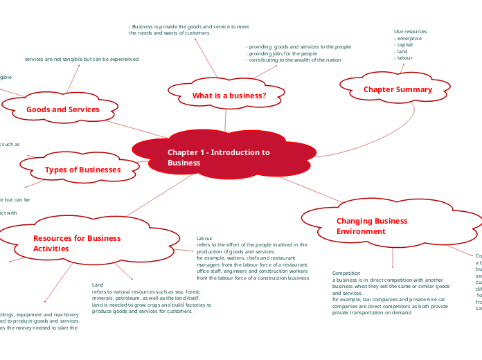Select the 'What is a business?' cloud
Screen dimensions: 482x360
pyautogui.click(x=229, y=96)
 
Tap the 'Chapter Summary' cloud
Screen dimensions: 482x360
pyautogui.click(x=398, y=89)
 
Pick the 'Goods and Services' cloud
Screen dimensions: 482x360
pyautogui.click(x=62, y=109)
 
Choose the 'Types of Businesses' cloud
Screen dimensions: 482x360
pyautogui.click(x=82, y=170)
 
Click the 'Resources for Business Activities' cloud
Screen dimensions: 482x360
pyautogui.click(x=77, y=243)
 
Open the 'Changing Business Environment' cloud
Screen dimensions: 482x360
pyautogui.click(x=372, y=226)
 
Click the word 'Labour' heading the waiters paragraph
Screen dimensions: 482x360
pyautogui.click(x=205, y=238)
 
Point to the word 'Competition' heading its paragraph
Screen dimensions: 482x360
pyautogui.click(x=346, y=273)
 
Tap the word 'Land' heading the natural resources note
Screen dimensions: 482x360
pyautogui.click(x=98, y=285)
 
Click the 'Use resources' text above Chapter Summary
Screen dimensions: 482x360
pyautogui.click(x=410, y=32)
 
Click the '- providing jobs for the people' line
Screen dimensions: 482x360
pyautogui.click(x=281, y=53)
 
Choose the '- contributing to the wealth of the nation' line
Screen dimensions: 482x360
pyautogui.click(x=293, y=60)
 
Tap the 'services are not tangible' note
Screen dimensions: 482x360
pyautogui.click(x=82, y=60)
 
